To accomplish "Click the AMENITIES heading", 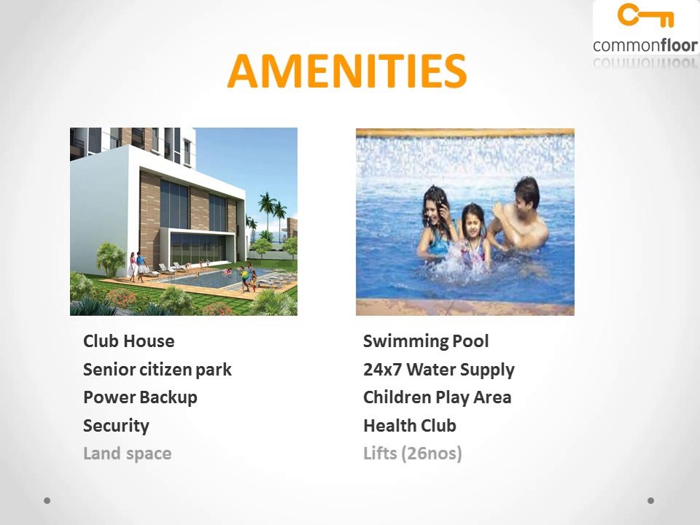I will click(x=347, y=71).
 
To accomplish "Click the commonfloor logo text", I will click(x=645, y=45).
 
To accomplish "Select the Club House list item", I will click(x=129, y=341).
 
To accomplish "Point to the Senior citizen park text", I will click(x=157, y=370).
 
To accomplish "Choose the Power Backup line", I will click(x=140, y=397).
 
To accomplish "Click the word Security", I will click(x=116, y=426).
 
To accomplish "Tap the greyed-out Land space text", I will click(x=128, y=454).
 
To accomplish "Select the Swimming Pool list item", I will click(x=426, y=341).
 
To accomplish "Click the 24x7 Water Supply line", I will click(x=439, y=370).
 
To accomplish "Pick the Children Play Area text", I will click(x=437, y=397).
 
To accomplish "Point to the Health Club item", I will click(x=410, y=426).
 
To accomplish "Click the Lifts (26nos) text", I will click(x=413, y=454).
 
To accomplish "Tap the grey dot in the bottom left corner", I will click(x=47, y=501).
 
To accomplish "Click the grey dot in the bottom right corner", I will click(x=651, y=501).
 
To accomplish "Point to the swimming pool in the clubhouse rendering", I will click(x=211, y=278).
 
